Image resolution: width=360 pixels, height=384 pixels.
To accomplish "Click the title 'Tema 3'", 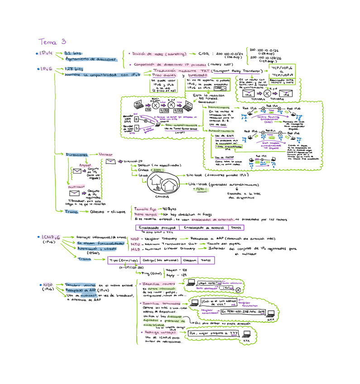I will click(x=52, y=42).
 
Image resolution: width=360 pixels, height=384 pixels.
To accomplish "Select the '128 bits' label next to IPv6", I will click(x=74, y=69).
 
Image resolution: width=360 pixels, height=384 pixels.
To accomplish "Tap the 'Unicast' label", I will click(x=108, y=154).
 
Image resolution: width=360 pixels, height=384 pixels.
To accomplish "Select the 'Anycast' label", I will click(x=85, y=165).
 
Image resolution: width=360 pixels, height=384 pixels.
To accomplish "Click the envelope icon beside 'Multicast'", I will click(x=76, y=193).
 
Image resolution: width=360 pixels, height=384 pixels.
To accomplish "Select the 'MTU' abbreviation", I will click(x=135, y=243).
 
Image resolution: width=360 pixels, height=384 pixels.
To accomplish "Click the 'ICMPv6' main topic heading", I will click(x=51, y=237).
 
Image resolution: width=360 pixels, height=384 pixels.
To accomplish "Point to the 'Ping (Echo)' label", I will click(x=150, y=274).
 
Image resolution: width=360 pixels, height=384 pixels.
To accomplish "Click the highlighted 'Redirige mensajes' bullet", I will click(x=161, y=332).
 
